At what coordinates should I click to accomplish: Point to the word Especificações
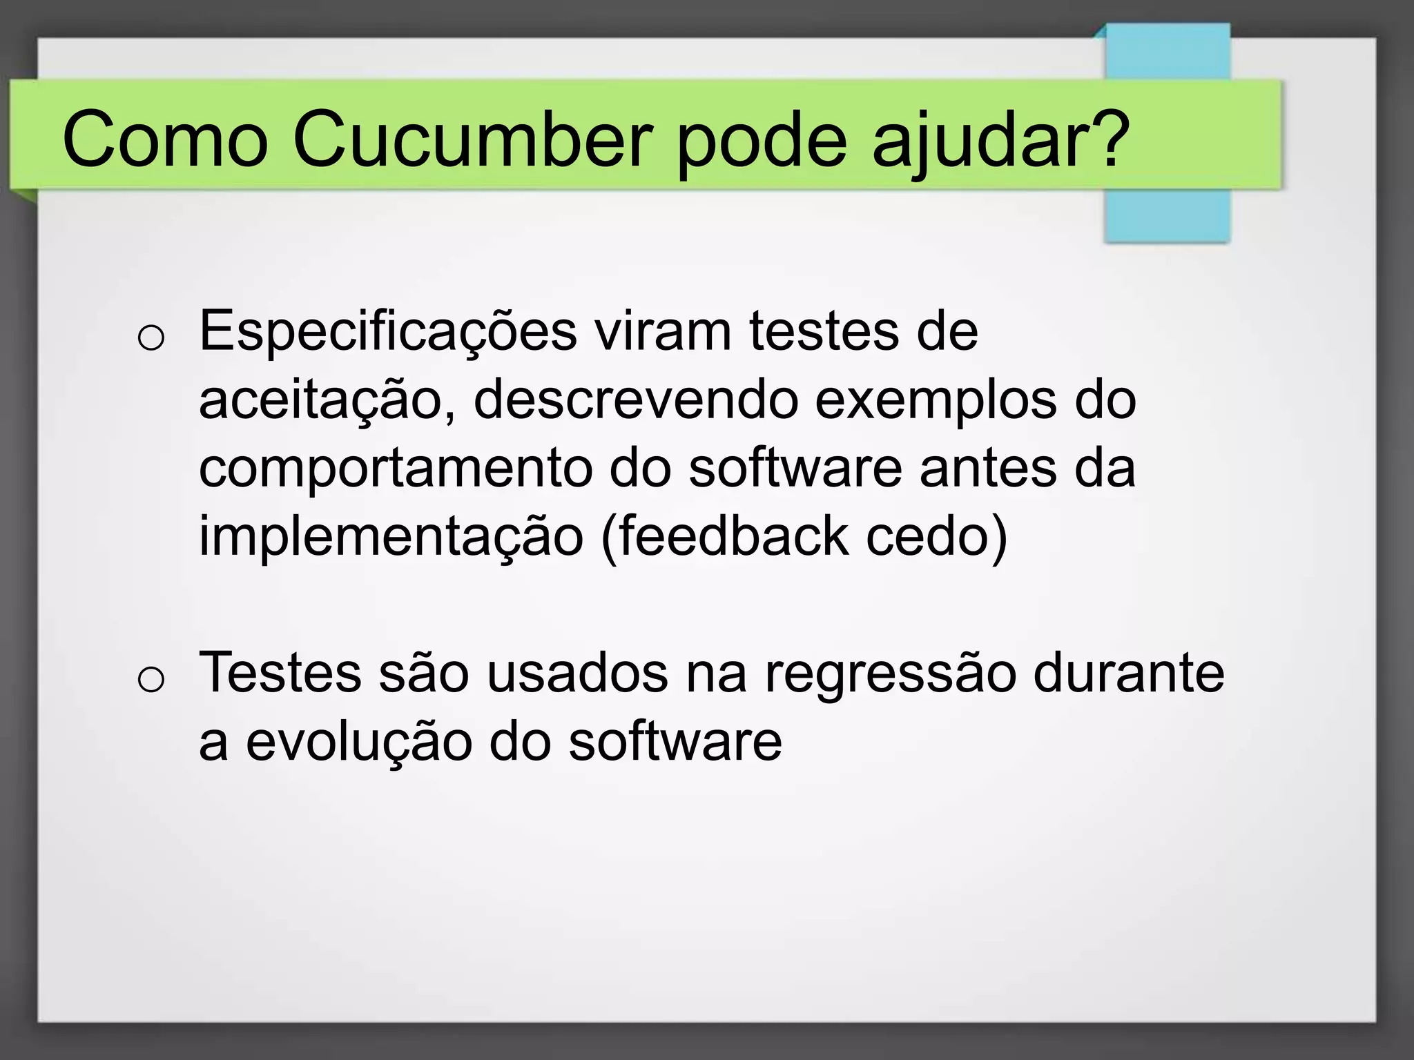[388, 333]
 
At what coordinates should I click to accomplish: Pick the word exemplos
[936, 401]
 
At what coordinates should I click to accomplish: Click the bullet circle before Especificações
[151, 339]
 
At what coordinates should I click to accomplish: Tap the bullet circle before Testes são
[151, 680]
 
